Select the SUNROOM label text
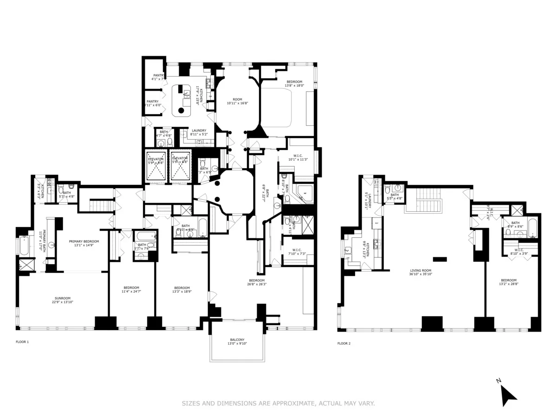[64, 300]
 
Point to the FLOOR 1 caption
[22, 342]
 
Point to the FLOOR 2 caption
[344, 344]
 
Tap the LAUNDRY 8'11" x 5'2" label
[199, 132]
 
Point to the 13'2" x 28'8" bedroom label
[509, 282]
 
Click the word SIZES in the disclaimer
[191, 404]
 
